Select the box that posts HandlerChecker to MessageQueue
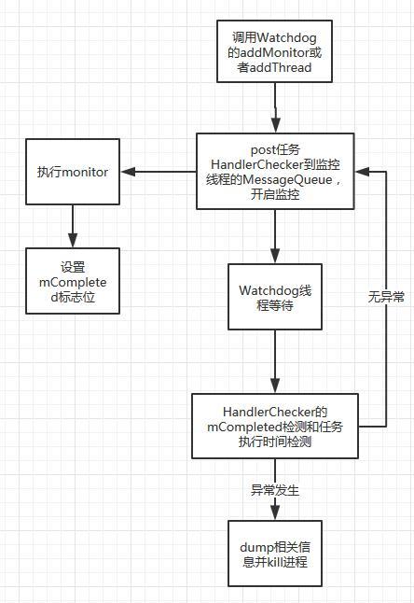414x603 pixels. (x=275, y=172)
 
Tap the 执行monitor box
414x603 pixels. (x=73, y=172)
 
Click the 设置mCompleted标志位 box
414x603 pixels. (x=73, y=280)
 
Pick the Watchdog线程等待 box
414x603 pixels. (x=275, y=296)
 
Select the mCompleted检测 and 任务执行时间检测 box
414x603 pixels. (x=275, y=426)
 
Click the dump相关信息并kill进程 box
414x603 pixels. (x=275, y=553)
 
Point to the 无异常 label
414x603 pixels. (x=386, y=297)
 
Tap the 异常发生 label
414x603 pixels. (x=275, y=490)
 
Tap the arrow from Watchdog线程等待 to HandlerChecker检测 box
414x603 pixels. (x=275, y=361)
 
